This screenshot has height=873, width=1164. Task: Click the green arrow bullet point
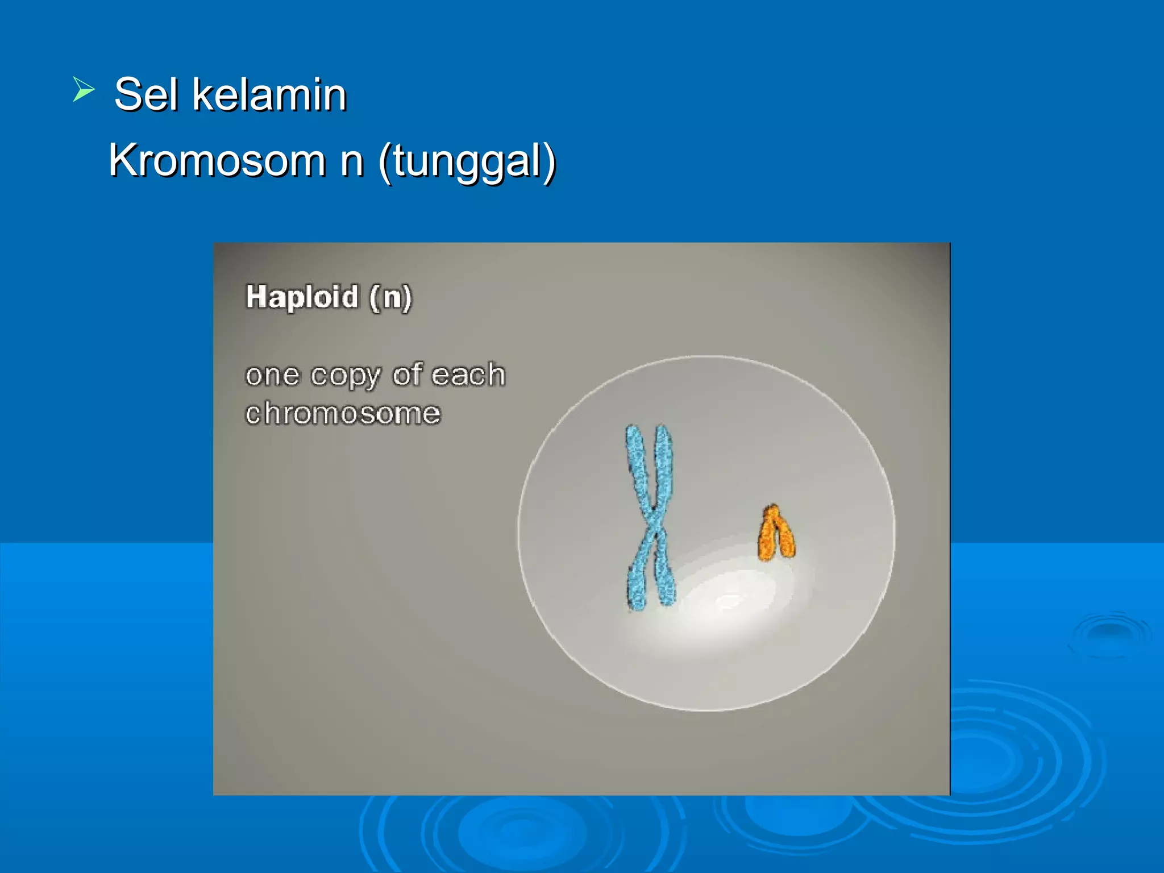tap(83, 90)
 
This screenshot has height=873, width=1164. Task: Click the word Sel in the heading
tap(145, 94)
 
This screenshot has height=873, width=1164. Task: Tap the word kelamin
tap(269, 94)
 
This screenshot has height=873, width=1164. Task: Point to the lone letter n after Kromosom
tap(352, 162)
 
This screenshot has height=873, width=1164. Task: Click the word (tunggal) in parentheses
tap(467, 162)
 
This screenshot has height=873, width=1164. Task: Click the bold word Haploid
tap(302, 297)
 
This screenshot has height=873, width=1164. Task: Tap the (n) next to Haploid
tap(390, 297)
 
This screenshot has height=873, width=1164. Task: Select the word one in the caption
tap(272, 376)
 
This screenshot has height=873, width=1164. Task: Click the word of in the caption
tap(408, 375)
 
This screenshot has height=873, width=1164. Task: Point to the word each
tap(468, 375)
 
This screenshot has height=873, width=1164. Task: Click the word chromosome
tap(343, 413)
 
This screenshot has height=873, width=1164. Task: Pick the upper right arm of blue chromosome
tap(663, 463)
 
